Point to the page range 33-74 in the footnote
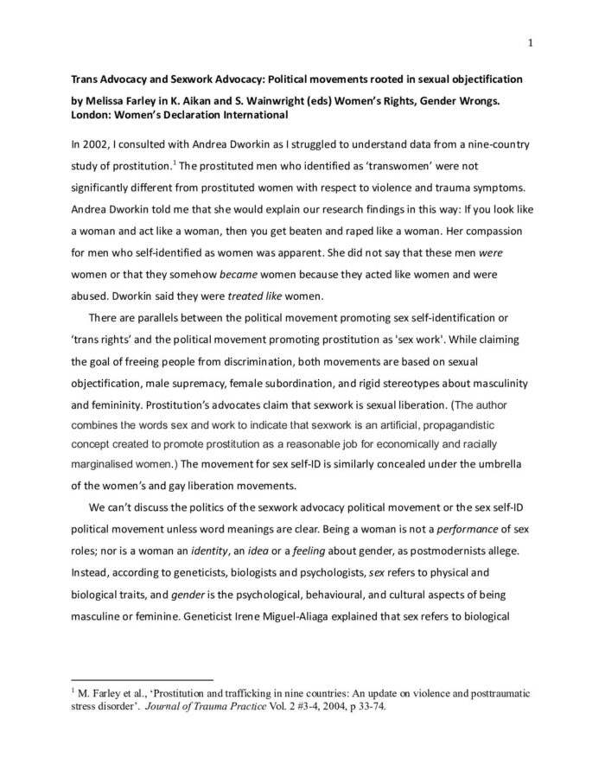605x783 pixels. pos(366,706)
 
